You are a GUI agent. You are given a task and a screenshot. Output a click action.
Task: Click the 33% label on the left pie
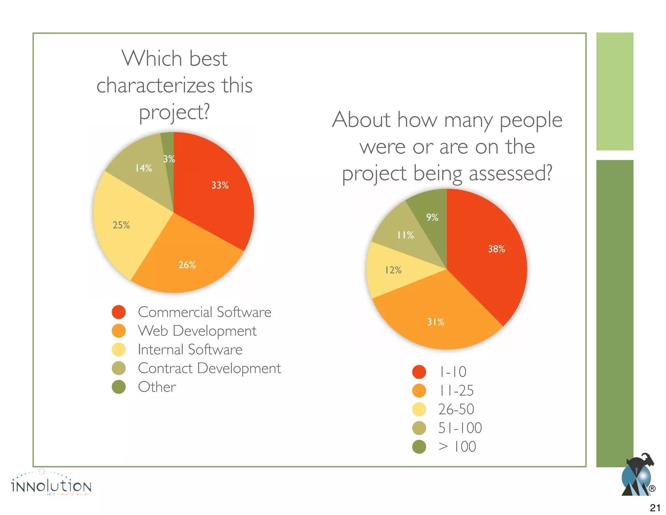[x=220, y=185]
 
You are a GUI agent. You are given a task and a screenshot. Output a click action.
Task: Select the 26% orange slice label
[x=187, y=265]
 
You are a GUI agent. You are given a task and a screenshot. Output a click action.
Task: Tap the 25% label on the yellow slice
[x=121, y=225]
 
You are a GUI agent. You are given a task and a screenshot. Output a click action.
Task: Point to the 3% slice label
[x=169, y=159]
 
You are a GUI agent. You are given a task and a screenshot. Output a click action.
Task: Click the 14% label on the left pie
[x=143, y=168]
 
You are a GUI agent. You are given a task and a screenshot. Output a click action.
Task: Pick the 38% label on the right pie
[x=496, y=249]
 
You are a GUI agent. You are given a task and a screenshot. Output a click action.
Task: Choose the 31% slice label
[x=435, y=322]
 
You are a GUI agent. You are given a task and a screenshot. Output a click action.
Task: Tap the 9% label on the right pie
[x=432, y=217]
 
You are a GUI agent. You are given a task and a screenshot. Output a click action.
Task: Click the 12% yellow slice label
[x=393, y=270]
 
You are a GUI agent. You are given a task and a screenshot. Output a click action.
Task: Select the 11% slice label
[x=405, y=235]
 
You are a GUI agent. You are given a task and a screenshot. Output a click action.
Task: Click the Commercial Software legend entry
[x=204, y=312]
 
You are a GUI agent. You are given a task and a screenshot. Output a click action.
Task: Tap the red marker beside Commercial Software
[x=119, y=312]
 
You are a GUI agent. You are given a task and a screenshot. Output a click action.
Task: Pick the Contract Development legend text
[x=209, y=368]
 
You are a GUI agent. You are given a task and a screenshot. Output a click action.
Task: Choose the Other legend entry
[x=157, y=387]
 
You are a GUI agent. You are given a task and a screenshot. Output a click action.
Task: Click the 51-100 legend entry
[x=460, y=428]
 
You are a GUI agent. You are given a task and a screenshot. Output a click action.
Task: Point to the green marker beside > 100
[x=419, y=447]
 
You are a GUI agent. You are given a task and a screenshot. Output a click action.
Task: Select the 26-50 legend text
[x=456, y=409]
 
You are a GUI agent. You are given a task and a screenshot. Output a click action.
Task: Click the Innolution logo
[x=51, y=484]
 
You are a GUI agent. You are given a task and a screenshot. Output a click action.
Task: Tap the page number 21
[x=655, y=508]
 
